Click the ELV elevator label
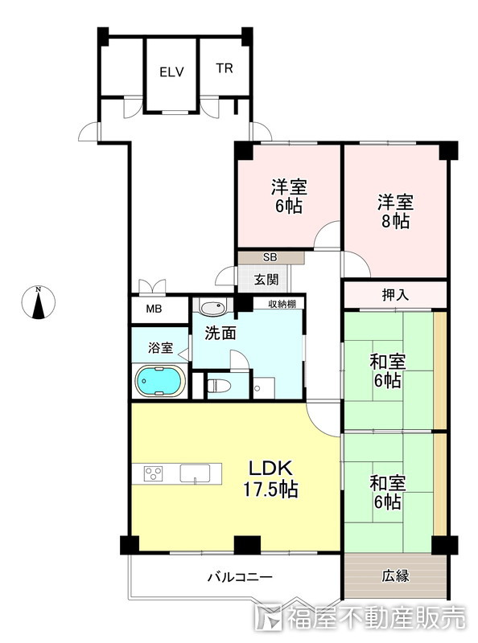click(x=171, y=72)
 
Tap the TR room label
click(x=224, y=68)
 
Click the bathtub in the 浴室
click(x=161, y=380)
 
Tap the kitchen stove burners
click(x=154, y=473)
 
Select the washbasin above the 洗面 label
click(x=213, y=309)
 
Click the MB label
click(x=153, y=309)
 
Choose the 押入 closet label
click(x=394, y=295)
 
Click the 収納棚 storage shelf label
click(x=279, y=304)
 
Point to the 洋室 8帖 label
click(x=395, y=211)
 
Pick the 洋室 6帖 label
click(x=287, y=196)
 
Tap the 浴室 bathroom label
click(x=160, y=348)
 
